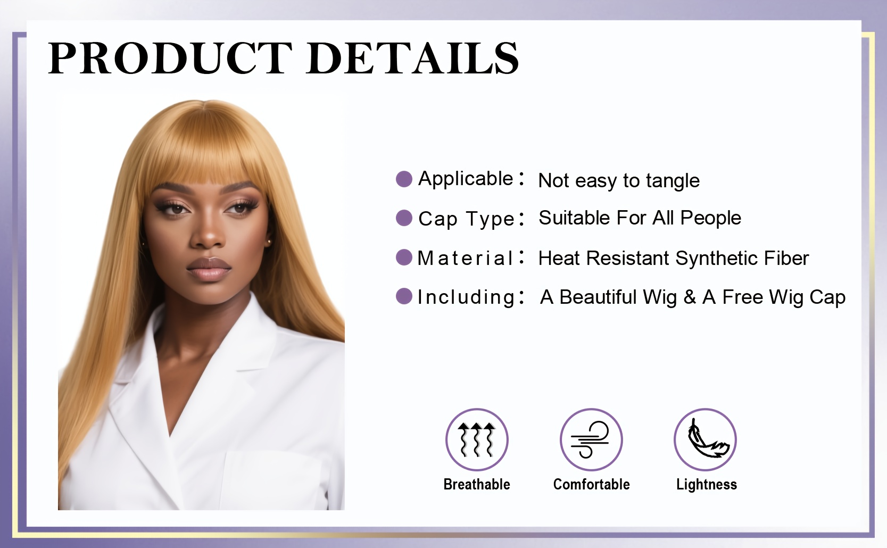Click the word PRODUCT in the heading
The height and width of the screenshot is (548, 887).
click(x=170, y=58)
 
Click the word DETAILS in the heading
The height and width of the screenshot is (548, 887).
click(x=412, y=58)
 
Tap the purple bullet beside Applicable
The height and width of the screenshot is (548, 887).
click(x=404, y=179)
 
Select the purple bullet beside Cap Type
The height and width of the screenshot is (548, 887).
click(x=404, y=218)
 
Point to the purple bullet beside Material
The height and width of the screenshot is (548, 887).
click(x=404, y=258)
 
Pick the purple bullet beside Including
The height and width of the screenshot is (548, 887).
click(x=404, y=296)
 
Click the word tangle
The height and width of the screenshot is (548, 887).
click(x=673, y=181)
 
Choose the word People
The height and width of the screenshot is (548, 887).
click(x=710, y=218)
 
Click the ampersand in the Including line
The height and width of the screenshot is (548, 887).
click(x=690, y=297)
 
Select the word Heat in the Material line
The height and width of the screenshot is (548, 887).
click(x=559, y=258)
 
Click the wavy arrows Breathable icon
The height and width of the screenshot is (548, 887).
click(x=477, y=439)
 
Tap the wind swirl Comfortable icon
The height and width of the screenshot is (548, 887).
click(x=591, y=439)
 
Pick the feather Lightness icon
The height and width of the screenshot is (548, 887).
click(x=705, y=439)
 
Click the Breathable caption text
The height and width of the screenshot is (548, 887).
click(x=477, y=484)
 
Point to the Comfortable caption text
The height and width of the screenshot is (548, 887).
click(x=591, y=484)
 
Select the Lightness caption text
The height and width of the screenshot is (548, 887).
click(x=707, y=485)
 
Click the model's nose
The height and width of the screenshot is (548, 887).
click(x=208, y=234)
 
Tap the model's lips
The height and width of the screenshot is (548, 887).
click(x=209, y=269)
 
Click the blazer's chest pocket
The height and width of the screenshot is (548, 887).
click(x=273, y=480)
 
